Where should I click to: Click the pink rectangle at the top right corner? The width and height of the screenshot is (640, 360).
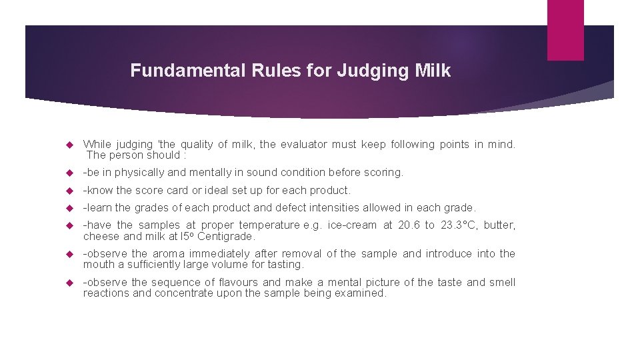pyautogui.click(x=565, y=30)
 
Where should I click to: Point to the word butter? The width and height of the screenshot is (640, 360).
pyautogui.click(x=499, y=225)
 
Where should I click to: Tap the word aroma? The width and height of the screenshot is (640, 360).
pyautogui.click(x=168, y=254)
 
